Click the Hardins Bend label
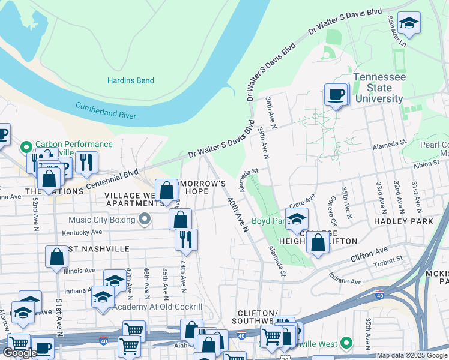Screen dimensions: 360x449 (130, 80)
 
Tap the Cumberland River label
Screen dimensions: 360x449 (106, 110)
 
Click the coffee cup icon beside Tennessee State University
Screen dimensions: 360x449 (336, 94)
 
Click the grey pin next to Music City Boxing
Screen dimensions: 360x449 (145, 220)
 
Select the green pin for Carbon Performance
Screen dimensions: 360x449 (25, 146)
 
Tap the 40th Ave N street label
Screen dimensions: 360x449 (237, 214)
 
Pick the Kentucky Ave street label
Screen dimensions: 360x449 (79, 232)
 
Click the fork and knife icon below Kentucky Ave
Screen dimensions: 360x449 (186, 239)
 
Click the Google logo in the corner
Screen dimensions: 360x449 (20, 353)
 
